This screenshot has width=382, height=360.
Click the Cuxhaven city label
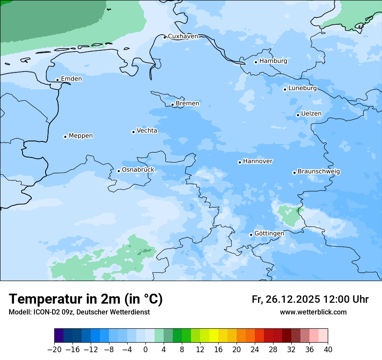[x=183, y=36]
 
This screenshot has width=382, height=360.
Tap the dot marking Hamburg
[x=256, y=62]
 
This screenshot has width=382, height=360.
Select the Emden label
[x=71, y=79]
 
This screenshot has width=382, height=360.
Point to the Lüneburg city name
[x=303, y=88]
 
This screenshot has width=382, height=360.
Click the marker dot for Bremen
[x=172, y=105]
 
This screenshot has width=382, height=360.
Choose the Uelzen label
[x=311, y=114]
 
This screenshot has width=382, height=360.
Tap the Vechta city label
[x=147, y=131]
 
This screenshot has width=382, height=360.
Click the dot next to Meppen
[x=65, y=137]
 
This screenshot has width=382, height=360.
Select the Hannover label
[x=257, y=161]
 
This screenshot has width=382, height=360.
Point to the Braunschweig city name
[x=319, y=172]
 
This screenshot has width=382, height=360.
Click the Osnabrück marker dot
[x=119, y=171]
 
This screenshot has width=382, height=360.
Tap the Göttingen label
[x=269, y=234]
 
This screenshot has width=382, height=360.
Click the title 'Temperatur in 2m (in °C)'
[x=86, y=299]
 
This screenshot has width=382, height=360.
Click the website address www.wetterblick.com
[x=313, y=312]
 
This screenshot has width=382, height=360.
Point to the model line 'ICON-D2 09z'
[x=79, y=312]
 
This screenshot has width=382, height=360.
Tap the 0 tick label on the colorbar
[x=145, y=350]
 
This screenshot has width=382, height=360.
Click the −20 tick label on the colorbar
[x=54, y=350]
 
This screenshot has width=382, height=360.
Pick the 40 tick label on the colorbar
[x=328, y=350]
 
